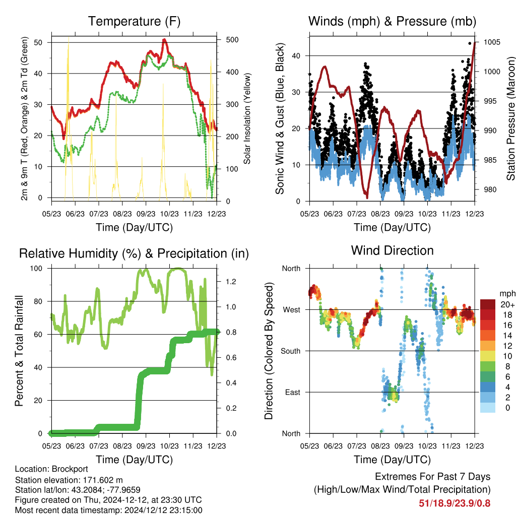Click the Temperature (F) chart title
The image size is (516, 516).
134,21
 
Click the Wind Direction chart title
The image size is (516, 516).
392,250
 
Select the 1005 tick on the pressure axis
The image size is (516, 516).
492,42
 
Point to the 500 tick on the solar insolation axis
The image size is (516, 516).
232,39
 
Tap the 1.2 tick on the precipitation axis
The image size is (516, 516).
231,282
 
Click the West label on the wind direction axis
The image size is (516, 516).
292,310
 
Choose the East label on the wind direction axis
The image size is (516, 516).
293,392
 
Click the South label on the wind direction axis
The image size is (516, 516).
291,351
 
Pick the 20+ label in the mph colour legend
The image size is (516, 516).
507,305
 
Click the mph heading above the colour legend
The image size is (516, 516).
507,294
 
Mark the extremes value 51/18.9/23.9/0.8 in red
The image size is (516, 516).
455,503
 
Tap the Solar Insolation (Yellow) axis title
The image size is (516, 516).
247,118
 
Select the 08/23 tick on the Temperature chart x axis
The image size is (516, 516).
122,214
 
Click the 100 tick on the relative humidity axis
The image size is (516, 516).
36,269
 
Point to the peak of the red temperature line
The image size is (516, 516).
164,40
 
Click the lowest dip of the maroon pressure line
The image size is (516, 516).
367,198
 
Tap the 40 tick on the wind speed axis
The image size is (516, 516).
296,56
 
